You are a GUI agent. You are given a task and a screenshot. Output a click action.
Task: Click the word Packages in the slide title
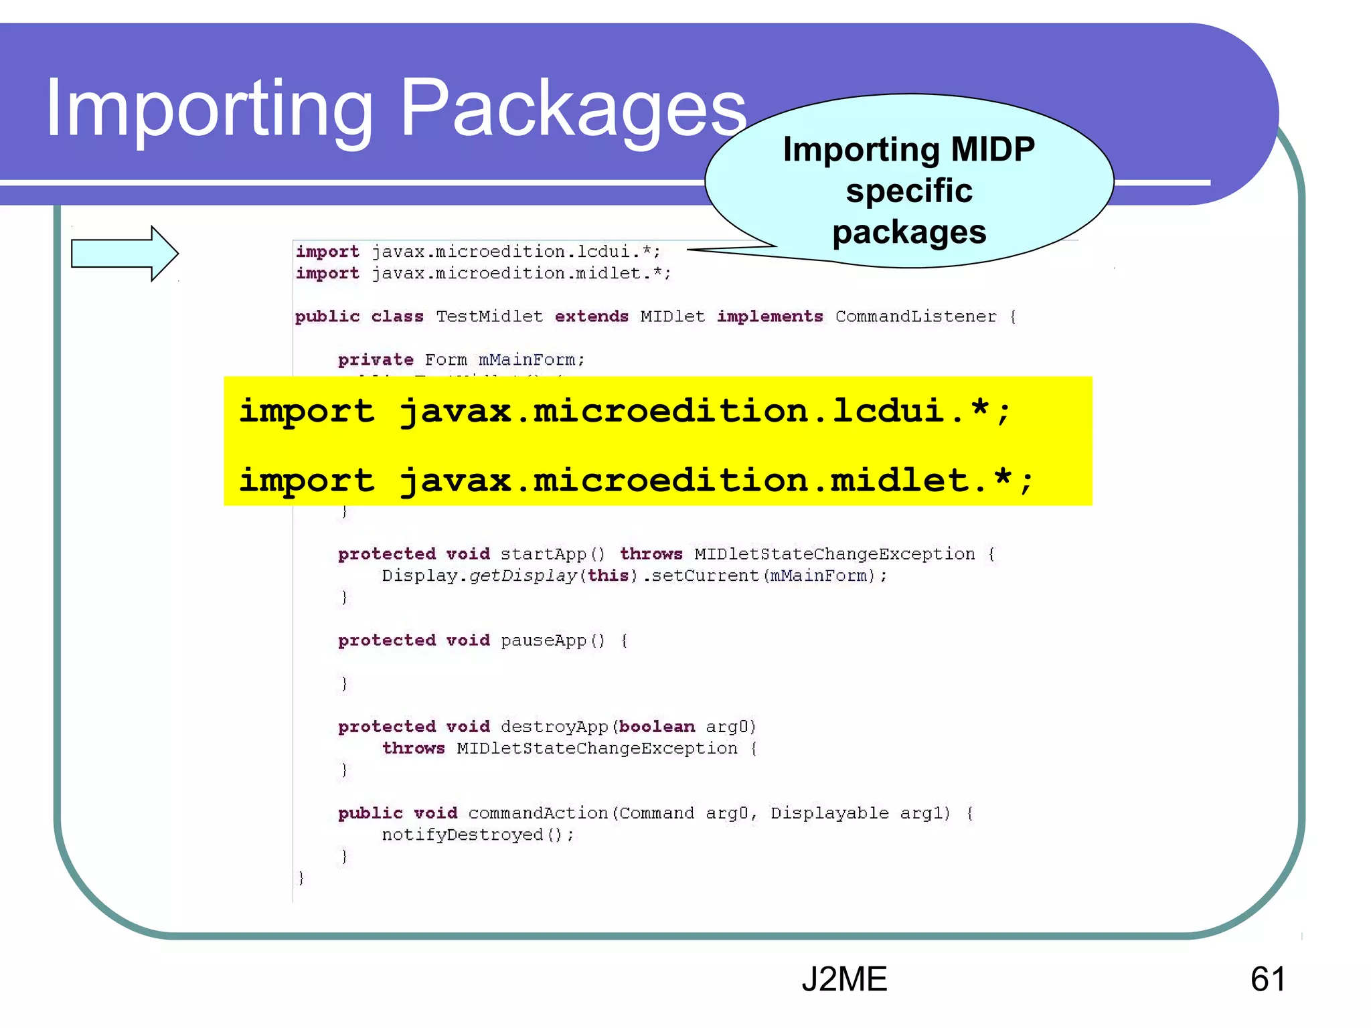click(573, 109)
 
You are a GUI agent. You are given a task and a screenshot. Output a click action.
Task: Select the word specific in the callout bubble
click(909, 191)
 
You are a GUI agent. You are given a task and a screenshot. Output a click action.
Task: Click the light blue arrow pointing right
click(125, 254)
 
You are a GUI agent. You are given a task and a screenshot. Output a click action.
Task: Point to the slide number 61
click(1268, 979)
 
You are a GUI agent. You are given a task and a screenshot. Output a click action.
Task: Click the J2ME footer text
click(844, 979)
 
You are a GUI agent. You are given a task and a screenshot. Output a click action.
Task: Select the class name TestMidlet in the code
click(489, 317)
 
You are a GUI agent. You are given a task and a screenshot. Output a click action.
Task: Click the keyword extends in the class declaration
click(592, 317)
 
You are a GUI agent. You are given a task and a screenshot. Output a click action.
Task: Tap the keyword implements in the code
click(770, 317)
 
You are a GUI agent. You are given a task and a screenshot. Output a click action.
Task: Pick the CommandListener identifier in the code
click(916, 317)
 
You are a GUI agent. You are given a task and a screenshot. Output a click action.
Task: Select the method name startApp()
click(552, 554)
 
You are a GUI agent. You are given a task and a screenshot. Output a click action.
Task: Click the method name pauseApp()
click(552, 640)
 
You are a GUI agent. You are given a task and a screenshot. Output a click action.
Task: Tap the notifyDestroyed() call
click(477, 835)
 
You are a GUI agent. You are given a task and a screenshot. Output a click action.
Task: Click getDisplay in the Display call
click(523, 576)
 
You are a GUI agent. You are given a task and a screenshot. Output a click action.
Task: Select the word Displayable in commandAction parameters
click(829, 813)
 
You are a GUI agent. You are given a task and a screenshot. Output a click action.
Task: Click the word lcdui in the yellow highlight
click(887, 410)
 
